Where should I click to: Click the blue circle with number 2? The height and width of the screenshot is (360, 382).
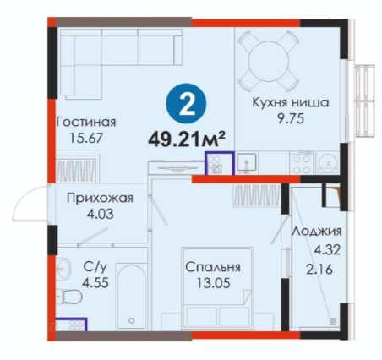(186, 103)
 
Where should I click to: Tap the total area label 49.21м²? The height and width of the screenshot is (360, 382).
(187, 139)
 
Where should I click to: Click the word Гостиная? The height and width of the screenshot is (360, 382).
(86, 123)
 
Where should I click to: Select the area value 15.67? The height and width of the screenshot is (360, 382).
(86, 138)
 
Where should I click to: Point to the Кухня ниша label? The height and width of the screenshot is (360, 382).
(291, 102)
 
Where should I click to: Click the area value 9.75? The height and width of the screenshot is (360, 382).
(291, 118)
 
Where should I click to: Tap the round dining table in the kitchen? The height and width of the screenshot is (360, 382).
(269, 61)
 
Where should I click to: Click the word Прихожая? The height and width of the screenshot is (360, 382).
(100, 199)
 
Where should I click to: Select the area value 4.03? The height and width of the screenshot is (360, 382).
(100, 214)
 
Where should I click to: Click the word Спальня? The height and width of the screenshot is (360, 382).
(213, 267)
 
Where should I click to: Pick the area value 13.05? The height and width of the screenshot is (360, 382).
(213, 283)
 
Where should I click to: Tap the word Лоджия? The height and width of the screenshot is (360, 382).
(317, 232)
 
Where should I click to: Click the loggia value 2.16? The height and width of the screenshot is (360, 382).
(319, 270)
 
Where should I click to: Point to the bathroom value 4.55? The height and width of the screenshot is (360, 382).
(95, 282)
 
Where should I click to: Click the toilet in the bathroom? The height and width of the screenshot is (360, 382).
(69, 297)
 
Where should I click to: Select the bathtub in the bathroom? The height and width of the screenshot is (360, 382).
(131, 296)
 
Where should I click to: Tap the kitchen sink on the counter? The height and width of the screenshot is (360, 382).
(246, 162)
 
